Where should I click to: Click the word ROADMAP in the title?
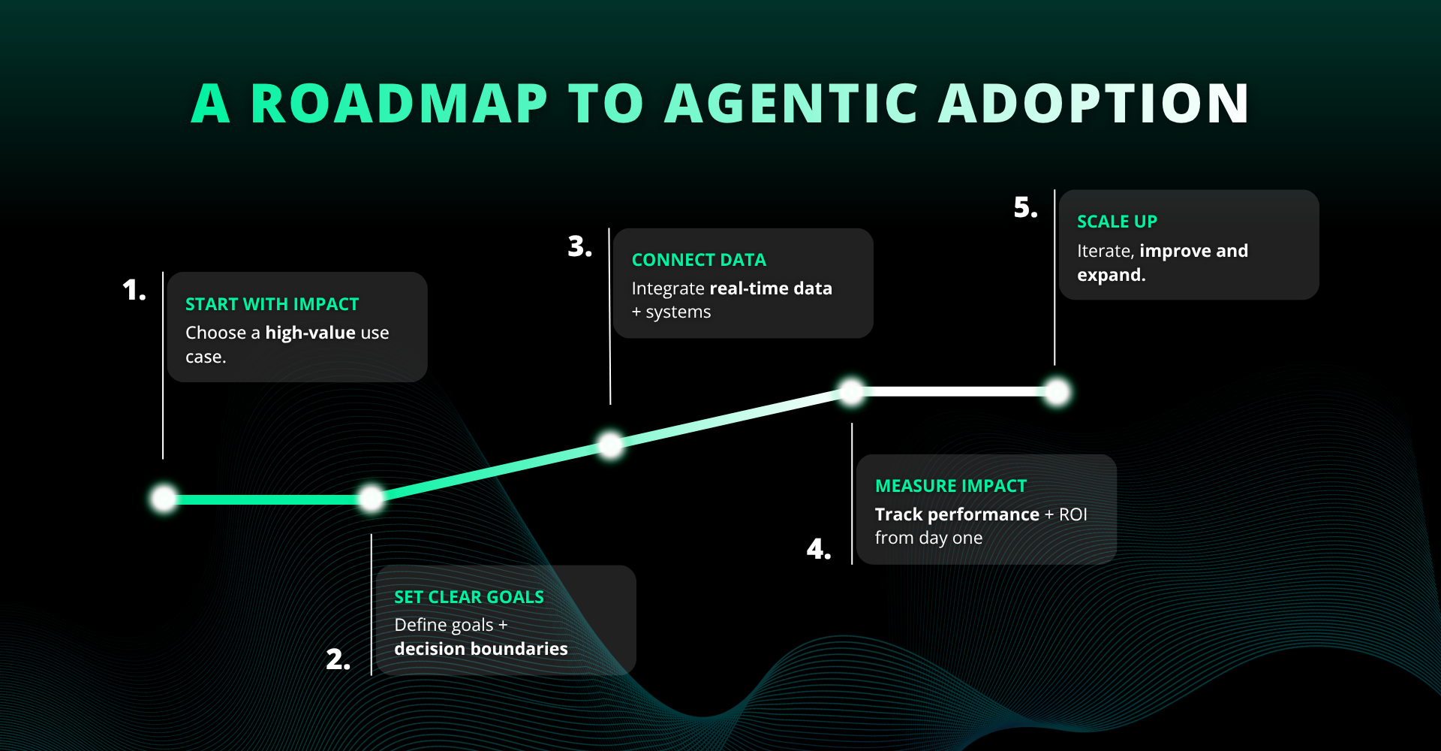(x=399, y=104)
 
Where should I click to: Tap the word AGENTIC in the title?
(x=792, y=104)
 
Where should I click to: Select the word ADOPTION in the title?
(x=1094, y=104)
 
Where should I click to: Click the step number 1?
(x=134, y=290)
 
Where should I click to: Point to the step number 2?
(x=338, y=659)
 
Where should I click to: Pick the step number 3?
(x=579, y=246)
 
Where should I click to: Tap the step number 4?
(x=818, y=550)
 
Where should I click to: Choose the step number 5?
(x=1025, y=207)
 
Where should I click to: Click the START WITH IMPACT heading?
(x=272, y=304)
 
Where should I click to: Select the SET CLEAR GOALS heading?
(x=469, y=597)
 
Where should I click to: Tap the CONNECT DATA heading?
(x=699, y=260)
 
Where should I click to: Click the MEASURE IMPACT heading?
(x=951, y=486)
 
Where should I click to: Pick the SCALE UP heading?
(x=1117, y=222)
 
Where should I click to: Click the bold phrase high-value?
(x=311, y=333)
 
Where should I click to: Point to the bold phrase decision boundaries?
(x=481, y=649)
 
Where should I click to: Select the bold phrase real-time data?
(x=771, y=288)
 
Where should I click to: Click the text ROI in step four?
(x=1072, y=514)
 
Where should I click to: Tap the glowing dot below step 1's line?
(x=164, y=499)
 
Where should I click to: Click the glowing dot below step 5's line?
(x=1057, y=392)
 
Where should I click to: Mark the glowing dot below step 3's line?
(x=611, y=445)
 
